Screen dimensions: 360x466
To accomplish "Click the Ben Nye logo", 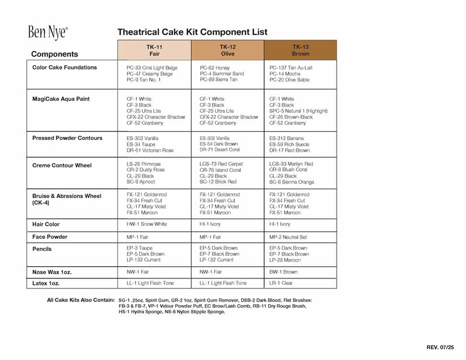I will (48, 32).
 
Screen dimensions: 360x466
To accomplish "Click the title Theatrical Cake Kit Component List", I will (192, 32).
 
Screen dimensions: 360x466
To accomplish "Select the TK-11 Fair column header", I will (154, 50).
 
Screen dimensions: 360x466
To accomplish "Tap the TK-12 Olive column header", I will (227, 50).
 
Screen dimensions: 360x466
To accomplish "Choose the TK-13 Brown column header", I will (300, 50).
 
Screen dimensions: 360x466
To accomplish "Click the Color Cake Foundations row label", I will (65, 68).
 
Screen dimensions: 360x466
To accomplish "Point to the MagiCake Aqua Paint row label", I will (61, 99).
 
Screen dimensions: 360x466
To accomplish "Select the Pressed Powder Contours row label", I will (68, 138).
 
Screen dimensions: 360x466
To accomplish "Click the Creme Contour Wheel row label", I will (62, 165).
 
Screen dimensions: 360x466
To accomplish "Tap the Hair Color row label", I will (46, 224).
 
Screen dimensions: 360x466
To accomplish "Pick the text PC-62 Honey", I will (214, 68).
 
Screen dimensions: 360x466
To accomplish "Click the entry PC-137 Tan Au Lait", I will (291, 68).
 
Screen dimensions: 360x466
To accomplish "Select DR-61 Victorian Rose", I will (150, 150).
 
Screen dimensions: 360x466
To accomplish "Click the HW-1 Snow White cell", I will (146, 224).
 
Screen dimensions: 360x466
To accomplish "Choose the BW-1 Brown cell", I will (283, 272).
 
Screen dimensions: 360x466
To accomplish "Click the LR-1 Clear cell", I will (281, 283).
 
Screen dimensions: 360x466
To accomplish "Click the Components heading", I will (55, 54).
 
